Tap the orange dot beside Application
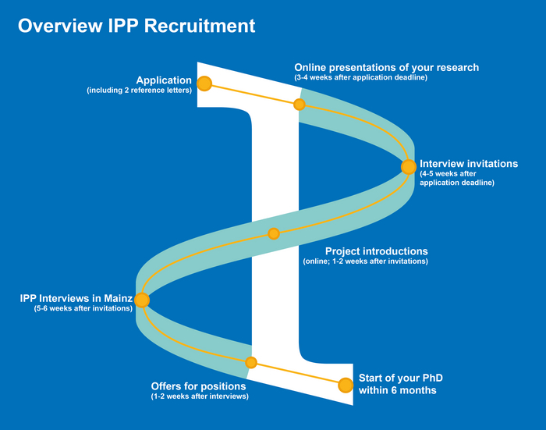[204, 83]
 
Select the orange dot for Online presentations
[299, 104]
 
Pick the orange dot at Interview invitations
[408, 166]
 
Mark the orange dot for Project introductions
[273, 233]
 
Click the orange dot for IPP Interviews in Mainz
[141, 299]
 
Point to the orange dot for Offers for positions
[251, 362]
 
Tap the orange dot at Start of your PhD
[346, 385]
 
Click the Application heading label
[164, 80]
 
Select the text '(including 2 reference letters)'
[140, 91]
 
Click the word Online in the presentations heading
[311, 68]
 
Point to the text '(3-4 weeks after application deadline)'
[361, 78]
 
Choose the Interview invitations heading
[469, 164]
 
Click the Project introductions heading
[376, 251]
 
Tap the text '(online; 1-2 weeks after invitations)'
[366, 261]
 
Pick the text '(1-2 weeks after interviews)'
[200, 396]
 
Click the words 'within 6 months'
[397, 390]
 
